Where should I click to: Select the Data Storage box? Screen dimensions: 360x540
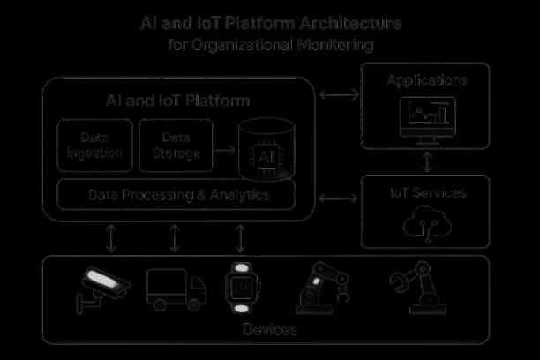pos(176,146)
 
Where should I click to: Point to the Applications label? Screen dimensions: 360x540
pos(427,81)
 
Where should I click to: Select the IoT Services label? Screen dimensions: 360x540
pos(427,192)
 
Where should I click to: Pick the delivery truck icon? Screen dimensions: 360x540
pos(176,289)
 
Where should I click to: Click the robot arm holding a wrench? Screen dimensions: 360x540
pos(415,288)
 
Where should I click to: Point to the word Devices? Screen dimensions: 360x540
pos(269,330)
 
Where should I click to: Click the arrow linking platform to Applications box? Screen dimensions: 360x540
pos(338,92)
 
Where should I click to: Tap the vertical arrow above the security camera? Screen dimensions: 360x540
pos(110,238)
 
